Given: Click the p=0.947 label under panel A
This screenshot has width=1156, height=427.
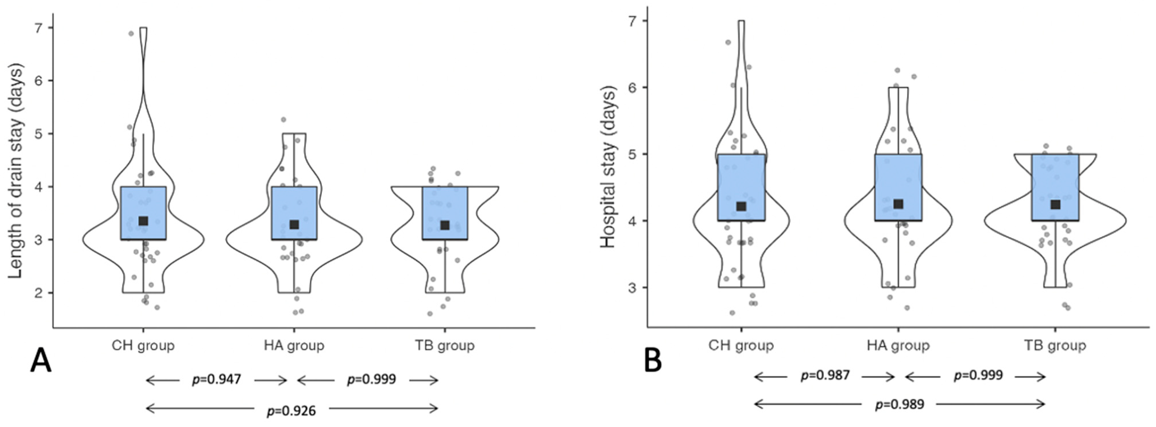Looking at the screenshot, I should click(x=217, y=380).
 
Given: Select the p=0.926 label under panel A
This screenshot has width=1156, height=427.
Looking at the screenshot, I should click(x=292, y=410).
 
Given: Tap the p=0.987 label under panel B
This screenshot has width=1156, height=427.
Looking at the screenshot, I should click(x=825, y=375).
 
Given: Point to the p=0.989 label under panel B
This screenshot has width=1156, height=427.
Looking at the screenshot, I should click(x=900, y=404).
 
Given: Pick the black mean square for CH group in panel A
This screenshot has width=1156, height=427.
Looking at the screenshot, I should click(x=143, y=221).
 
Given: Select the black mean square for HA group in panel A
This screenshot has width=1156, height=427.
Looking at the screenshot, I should click(x=294, y=224).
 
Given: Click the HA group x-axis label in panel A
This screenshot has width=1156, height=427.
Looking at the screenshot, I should click(x=294, y=346).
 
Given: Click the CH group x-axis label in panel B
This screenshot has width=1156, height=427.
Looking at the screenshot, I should click(x=741, y=346).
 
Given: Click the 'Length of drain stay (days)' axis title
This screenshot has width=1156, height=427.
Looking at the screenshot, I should click(x=16, y=171).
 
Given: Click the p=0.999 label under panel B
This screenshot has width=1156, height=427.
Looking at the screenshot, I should click(x=978, y=375).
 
